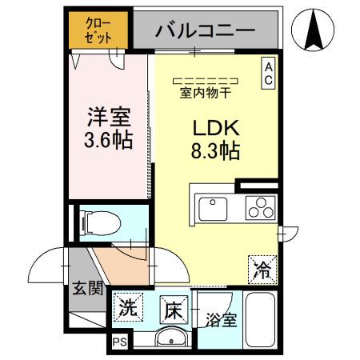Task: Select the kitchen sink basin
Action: [x=214, y=210]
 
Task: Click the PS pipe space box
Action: [x=119, y=342]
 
